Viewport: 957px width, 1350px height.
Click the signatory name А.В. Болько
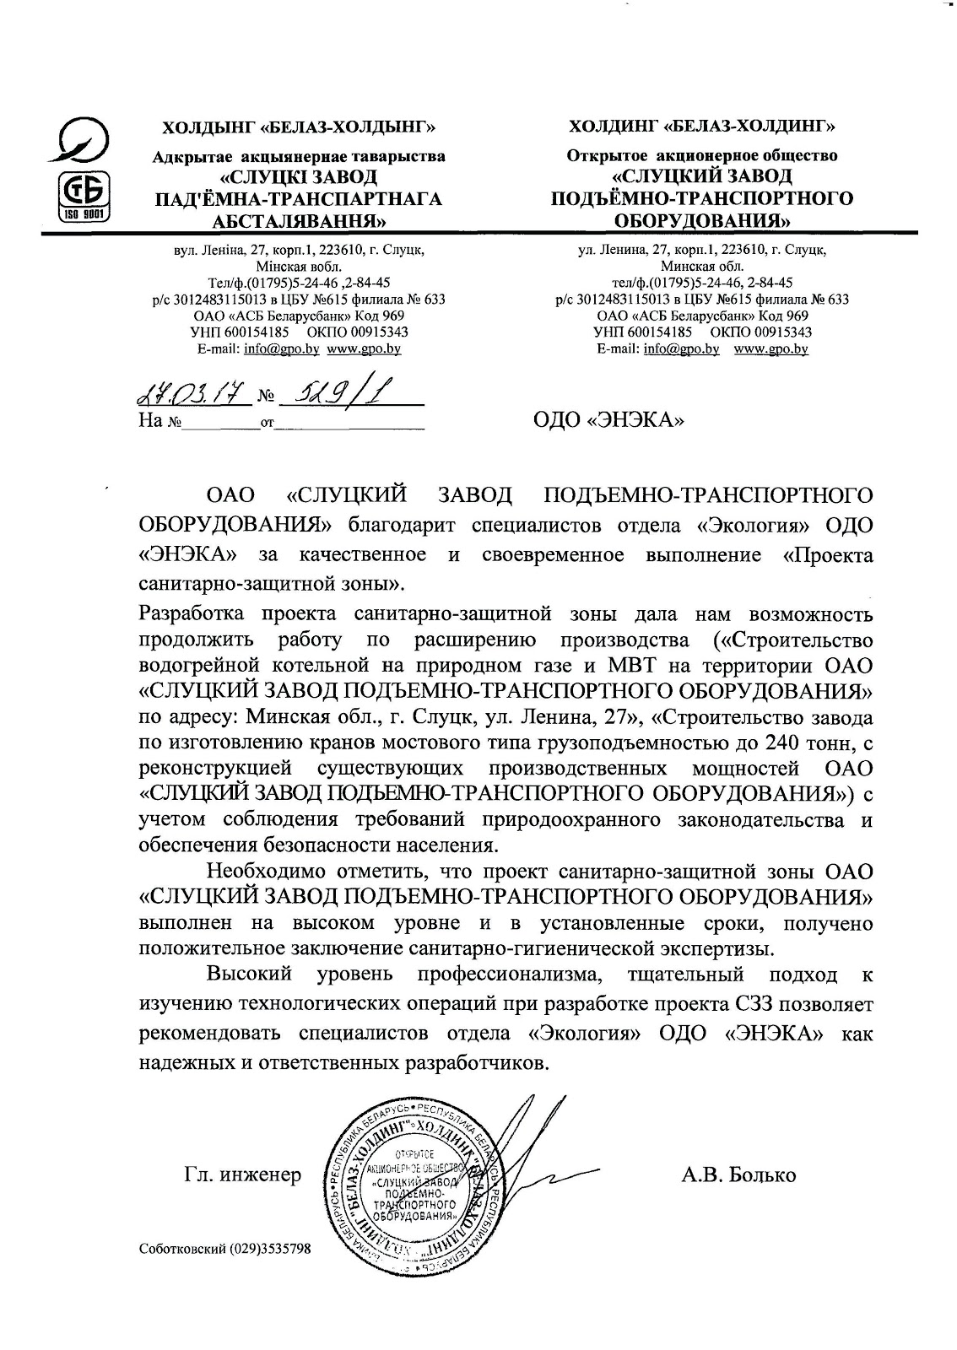(738, 1174)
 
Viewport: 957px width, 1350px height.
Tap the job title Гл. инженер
(242, 1174)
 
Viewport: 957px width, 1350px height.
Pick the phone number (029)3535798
(270, 1248)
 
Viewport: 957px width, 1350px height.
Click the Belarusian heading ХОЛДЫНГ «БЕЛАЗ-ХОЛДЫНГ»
(300, 128)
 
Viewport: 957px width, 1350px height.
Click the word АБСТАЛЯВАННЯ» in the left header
(299, 222)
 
